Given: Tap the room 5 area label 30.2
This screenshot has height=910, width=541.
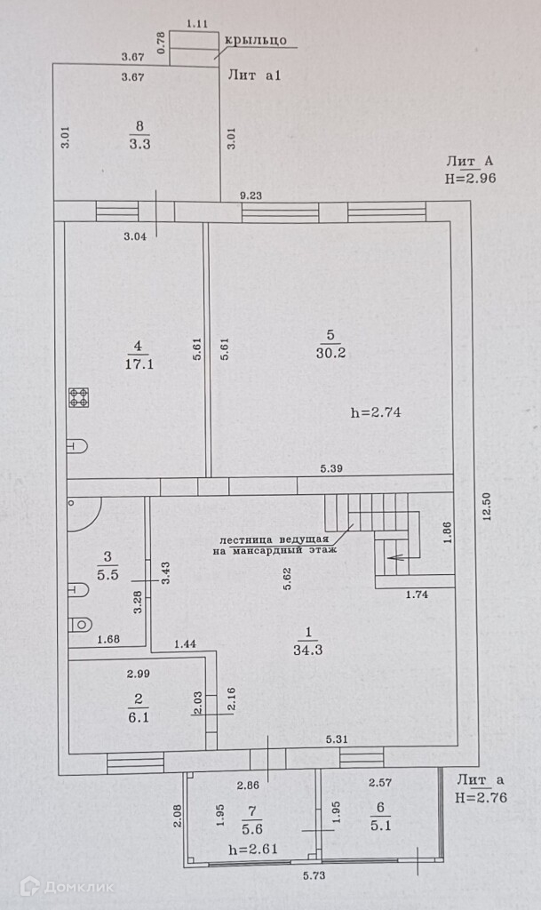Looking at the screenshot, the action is [x=330, y=351].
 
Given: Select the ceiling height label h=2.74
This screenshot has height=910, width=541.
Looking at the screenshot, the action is [x=377, y=412].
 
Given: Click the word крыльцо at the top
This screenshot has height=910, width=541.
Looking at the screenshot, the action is [x=254, y=39].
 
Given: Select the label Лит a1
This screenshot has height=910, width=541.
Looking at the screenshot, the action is [x=254, y=76].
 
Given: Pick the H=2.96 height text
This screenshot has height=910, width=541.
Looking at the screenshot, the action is [x=470, y=178].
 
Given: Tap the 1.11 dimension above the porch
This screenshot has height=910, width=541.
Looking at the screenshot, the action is [x=197, y=25].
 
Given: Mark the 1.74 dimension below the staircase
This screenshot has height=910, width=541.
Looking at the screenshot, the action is [x=416, y=595].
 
